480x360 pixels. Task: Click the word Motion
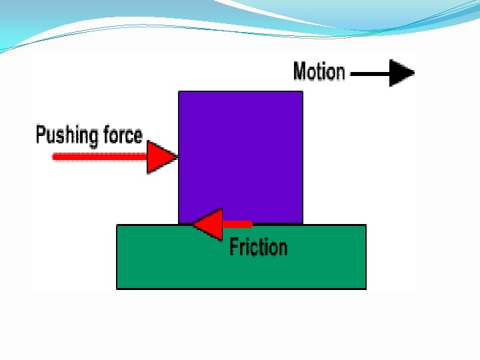pyautogui.click(x=319, y=71)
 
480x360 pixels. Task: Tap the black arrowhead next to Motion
pyautogui.click(x=402, y=73)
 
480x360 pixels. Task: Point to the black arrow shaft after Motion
pyautogui.click(x=370, y=73)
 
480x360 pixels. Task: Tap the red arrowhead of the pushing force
pyautogui.click(x=161, y=157)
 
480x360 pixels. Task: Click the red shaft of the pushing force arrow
pyautogui.click(x=100, y=157)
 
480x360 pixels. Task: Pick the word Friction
pyautogui.click(x=258, y=247)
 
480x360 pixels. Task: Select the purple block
pyautogui.click(x=241, y=153)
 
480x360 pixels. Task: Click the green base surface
pyautogui.click(x=167, y=260)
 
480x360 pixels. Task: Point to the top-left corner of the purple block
pyautogui.click(x=179, y=92)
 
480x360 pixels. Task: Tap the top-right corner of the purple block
pyautogui.click(x=302, y=92)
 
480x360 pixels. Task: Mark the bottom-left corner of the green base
pyautogui.click(x=117, y=288)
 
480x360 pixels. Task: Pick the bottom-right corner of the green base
pyautogui.click(x=365, y=288)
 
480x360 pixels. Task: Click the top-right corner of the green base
pyautogui.click(x=365, y=225)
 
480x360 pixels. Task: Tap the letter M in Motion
pyautogui.click(x=300, y=71)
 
